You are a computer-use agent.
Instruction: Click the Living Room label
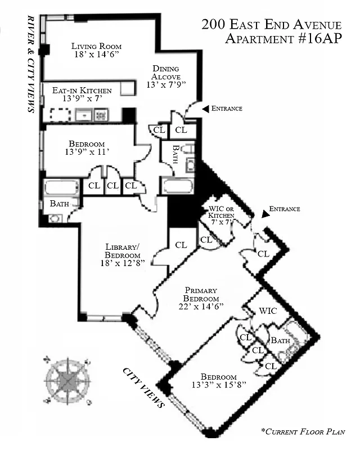(x=96, y=46)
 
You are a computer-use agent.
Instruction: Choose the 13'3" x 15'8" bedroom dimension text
(x=211, y=386)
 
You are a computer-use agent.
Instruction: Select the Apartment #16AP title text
(x=283, y=39)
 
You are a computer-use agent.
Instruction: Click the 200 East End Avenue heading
(x=271, y=25)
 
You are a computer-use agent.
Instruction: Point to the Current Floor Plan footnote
(x=303, y=432)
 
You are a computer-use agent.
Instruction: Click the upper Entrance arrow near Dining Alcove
(x=206, y=108)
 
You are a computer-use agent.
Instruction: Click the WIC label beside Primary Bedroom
(x=267, y=311)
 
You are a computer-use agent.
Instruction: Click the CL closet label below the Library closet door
(x=181, y=245)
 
